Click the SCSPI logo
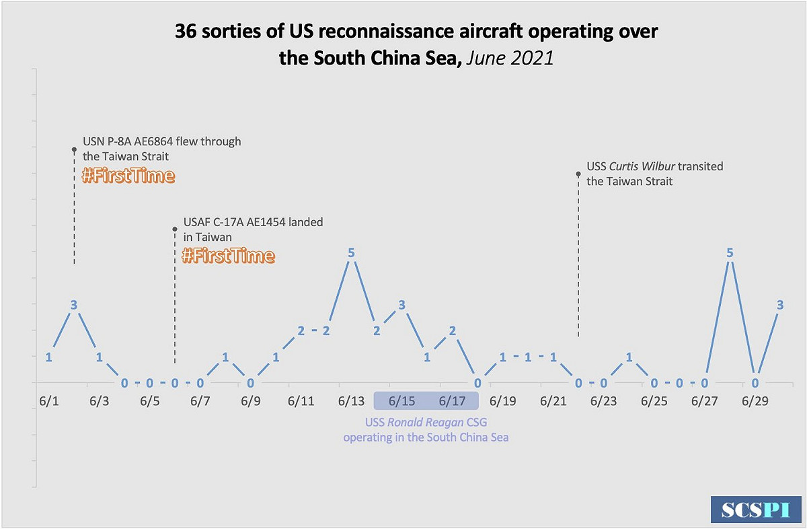(756, 509)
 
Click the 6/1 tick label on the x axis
(49, 401)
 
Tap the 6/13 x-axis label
(351, 401)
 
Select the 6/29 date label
(755, 401)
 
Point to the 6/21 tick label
(553, 401)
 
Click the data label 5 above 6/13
(351, 253)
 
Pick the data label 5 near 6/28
(730, 253)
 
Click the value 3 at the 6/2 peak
(74, 305)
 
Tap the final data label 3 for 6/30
(780, 305)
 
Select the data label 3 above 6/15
(401, 305)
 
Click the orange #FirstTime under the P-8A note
(128, 176)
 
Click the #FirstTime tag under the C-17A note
(229, 256)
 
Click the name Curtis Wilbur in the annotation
(642, 166)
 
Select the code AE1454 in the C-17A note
(263, 222)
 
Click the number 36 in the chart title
(186, 31)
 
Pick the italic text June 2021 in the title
(510, 59)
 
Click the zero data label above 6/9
(250, 383)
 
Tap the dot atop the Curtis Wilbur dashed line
(578, 174)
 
